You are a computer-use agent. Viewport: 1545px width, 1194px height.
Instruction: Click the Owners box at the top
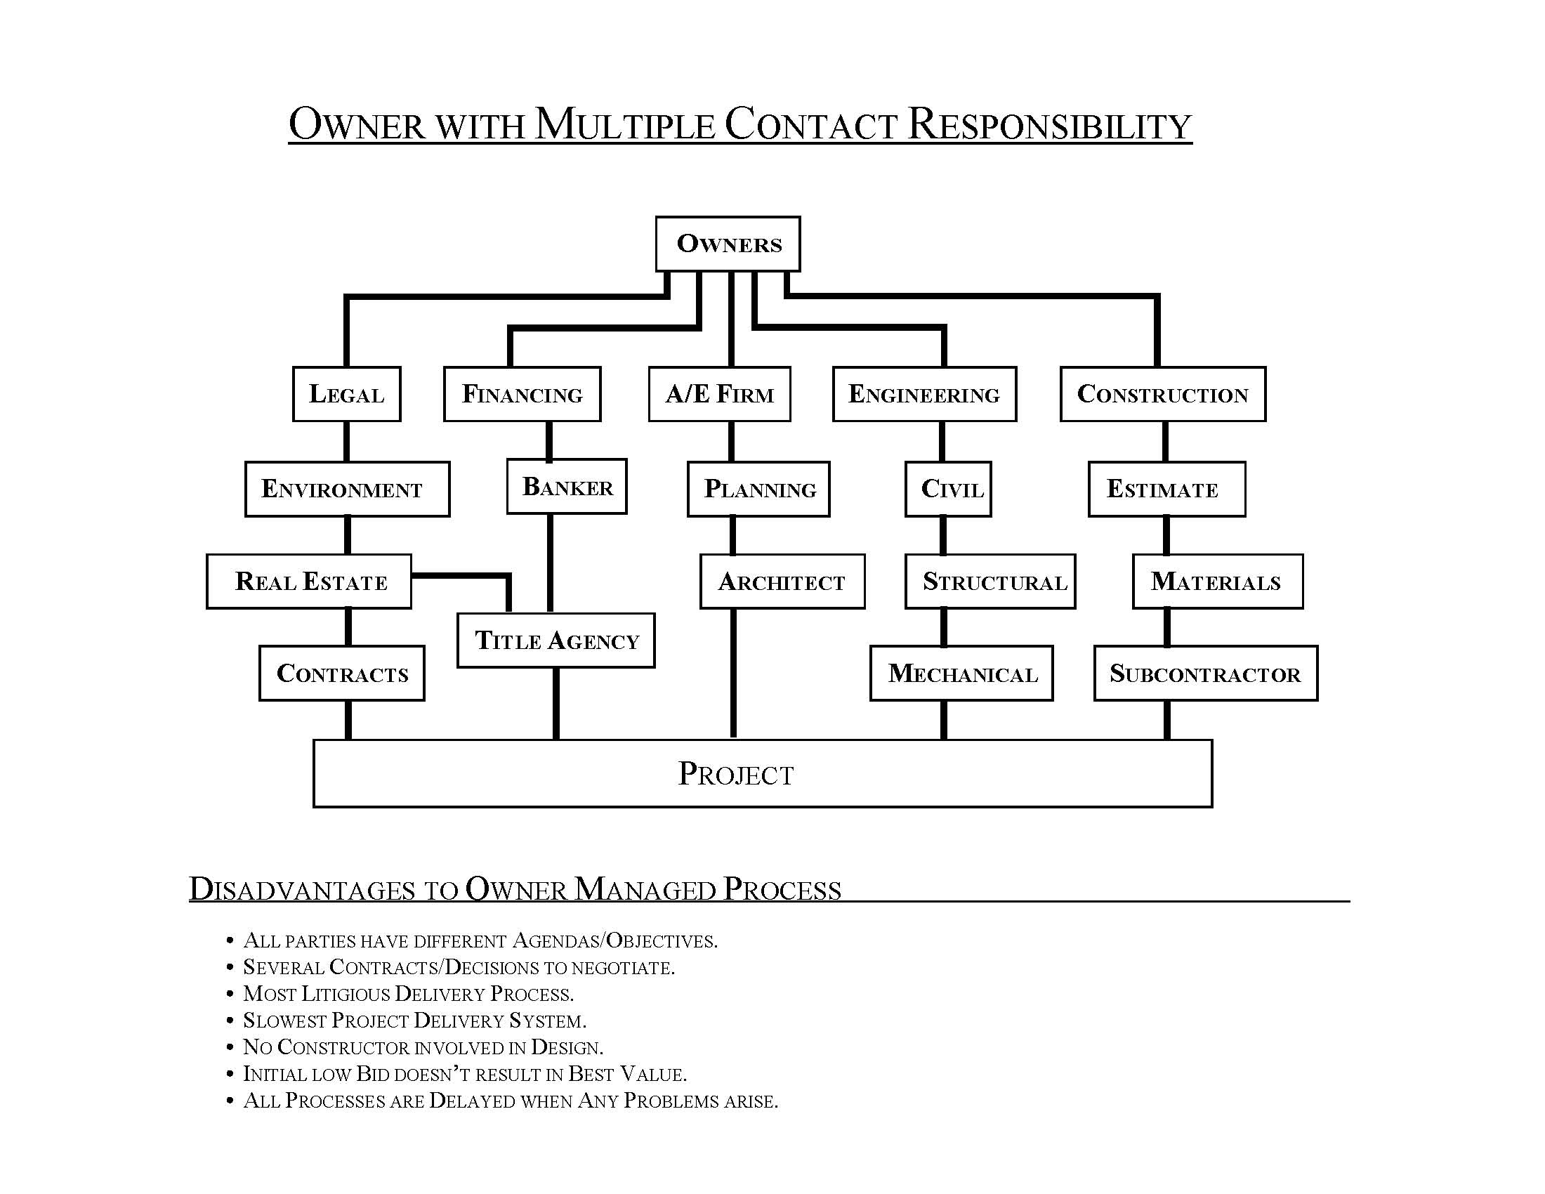[x=728, y=243]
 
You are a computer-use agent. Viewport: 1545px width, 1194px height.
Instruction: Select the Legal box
[x=347, y=394]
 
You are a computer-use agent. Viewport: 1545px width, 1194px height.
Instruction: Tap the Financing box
[x=522, y=394]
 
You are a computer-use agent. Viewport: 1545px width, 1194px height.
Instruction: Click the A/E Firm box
[x=719, y=394]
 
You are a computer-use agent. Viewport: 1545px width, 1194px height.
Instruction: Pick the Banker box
[x=567, y=487]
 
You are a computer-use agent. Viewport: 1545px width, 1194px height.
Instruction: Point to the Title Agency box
[x=556, y=640]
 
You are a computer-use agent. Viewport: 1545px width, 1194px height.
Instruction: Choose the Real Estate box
[x=309, y=582]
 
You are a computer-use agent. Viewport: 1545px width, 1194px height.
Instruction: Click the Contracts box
[x=342, y=674]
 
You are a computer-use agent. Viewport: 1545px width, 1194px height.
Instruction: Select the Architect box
[x=782, y=582]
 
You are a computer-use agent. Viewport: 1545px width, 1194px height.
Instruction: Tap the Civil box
[x=948, y=489]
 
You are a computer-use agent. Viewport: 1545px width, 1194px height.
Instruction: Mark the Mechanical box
[x=961, y=674]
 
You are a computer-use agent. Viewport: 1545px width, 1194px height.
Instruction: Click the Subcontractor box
[x=1205, y=674]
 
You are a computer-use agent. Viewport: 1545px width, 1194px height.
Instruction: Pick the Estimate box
[x=1166, y=489]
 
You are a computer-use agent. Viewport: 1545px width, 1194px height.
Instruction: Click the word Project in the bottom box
[x=736, y=774]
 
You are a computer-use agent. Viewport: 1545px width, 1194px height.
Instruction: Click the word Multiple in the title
[x=625, y=124]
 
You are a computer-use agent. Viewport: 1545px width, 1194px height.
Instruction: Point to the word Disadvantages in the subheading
[x=302, y=890]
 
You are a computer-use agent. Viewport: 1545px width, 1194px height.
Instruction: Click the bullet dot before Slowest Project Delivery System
[x=230, y=1021]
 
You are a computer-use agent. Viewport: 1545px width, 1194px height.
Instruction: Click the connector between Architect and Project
[x=733, y=673]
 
